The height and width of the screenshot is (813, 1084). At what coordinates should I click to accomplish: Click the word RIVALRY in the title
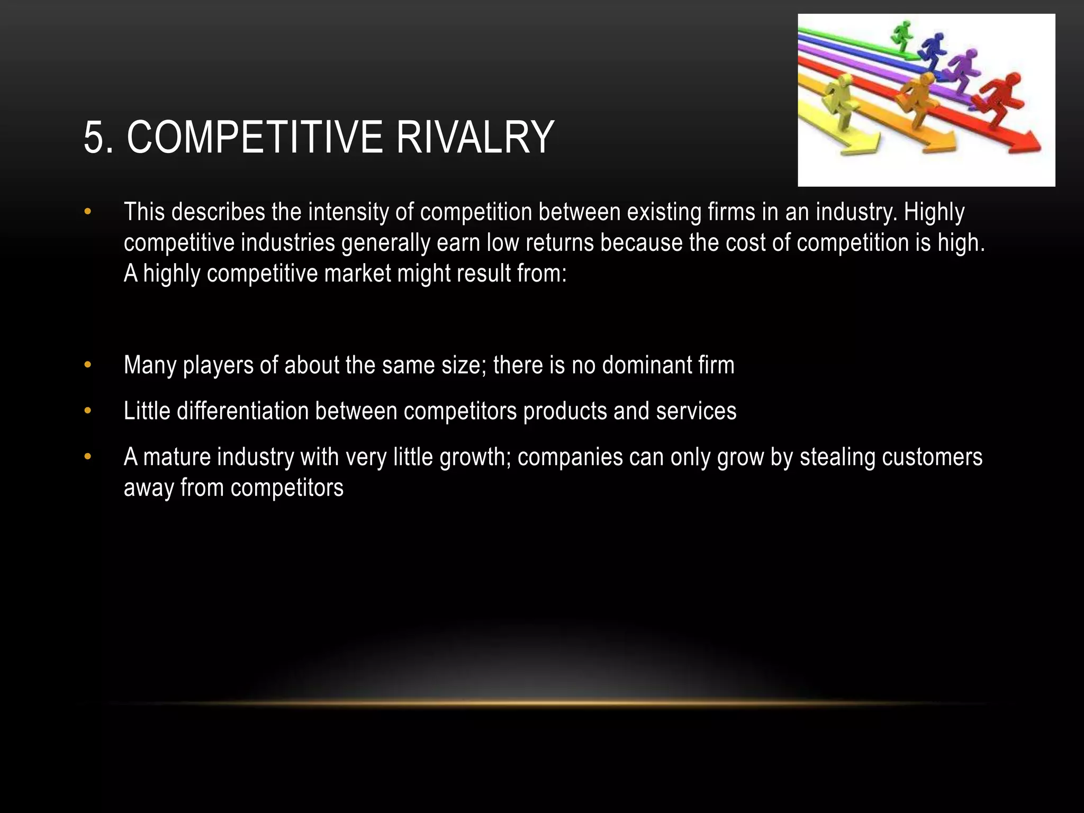tap(475, 138)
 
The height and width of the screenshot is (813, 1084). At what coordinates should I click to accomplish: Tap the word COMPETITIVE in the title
tap(255, 138)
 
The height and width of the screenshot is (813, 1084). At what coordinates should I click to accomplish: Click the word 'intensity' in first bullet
tap(348, 212)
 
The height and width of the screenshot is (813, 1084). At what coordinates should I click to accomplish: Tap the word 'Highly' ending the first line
tap(934, 212)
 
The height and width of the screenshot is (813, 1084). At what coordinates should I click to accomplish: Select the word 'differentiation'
tap(242, 411)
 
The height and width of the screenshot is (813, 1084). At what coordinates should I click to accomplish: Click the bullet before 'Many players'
tap(88, 365)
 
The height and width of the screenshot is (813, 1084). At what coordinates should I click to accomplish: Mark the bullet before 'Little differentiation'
tap(88, 411)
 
